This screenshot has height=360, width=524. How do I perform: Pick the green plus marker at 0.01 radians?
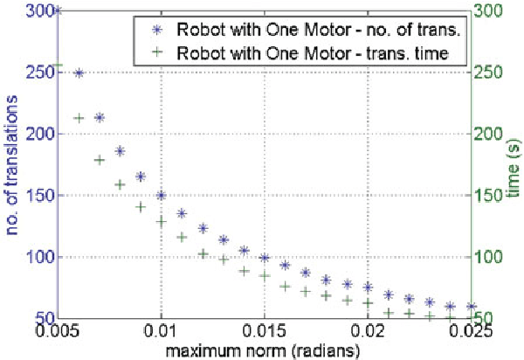coord(161,222)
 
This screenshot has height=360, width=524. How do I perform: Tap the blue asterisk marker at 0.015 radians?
coord(265,258)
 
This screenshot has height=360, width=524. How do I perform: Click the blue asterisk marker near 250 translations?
coord(79,73)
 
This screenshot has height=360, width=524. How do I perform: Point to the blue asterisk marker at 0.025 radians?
coord(471,307)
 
